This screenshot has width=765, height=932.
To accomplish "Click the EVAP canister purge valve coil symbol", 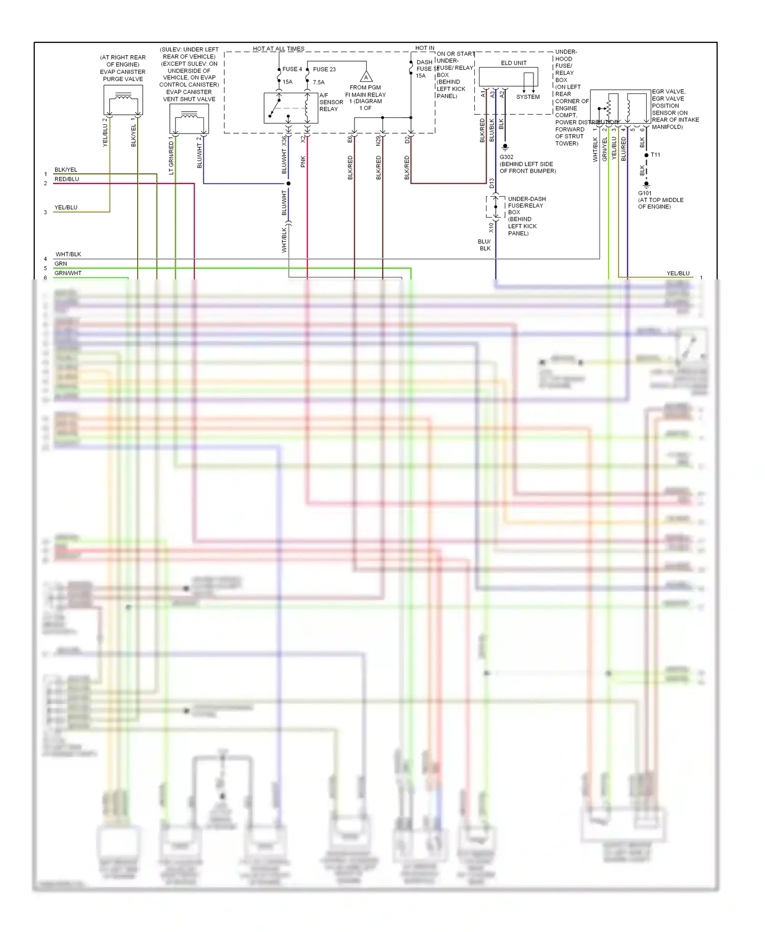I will [123, 96].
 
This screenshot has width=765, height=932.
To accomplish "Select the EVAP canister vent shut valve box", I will [189, 119].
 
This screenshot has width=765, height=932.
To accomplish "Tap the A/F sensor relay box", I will [291, 108].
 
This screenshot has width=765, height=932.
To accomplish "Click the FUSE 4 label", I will [292, 69].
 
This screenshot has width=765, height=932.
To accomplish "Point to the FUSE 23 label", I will [324, 69].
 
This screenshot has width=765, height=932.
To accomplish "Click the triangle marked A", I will [366, 77].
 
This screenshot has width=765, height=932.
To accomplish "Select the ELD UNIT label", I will [514, 63].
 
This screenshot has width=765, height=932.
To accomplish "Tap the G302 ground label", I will [506, 157].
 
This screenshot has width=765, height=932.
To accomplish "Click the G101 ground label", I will [645, 193].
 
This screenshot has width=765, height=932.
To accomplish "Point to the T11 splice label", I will [655, 155].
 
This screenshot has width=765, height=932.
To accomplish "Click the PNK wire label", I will [303, 162].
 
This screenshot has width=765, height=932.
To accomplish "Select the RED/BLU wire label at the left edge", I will [67, 179].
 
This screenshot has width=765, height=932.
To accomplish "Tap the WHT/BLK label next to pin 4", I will [68, 254].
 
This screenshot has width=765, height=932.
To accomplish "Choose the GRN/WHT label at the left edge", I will [68, 273].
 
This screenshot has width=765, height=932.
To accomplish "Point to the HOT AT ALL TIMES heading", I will [278, 49].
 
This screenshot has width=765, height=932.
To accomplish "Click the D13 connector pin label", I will [492, 183].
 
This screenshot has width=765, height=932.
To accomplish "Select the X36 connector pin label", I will [284, 141].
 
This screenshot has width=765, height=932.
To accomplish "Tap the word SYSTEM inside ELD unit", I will [528, 97].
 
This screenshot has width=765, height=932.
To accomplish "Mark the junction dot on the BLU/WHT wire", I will [289, 184].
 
